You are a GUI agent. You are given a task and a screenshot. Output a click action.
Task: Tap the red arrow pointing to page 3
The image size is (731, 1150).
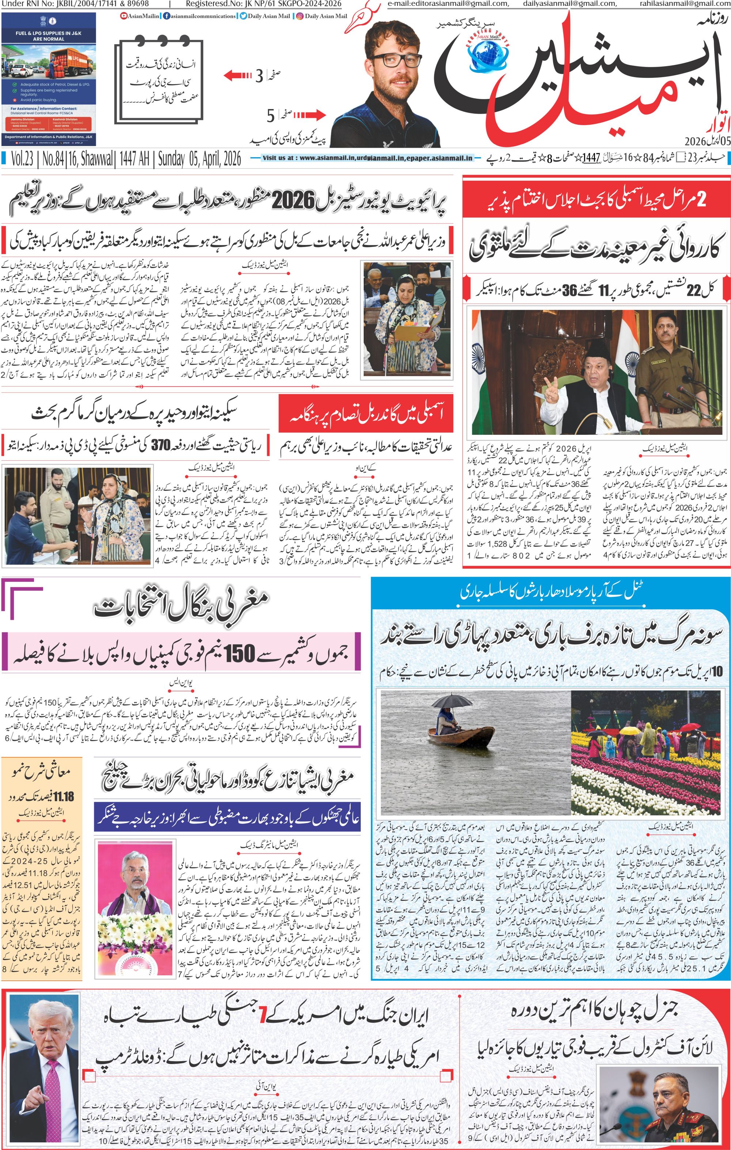point(237,75)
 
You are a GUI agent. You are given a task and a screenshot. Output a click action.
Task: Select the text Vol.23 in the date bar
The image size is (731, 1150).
point(22,159)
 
